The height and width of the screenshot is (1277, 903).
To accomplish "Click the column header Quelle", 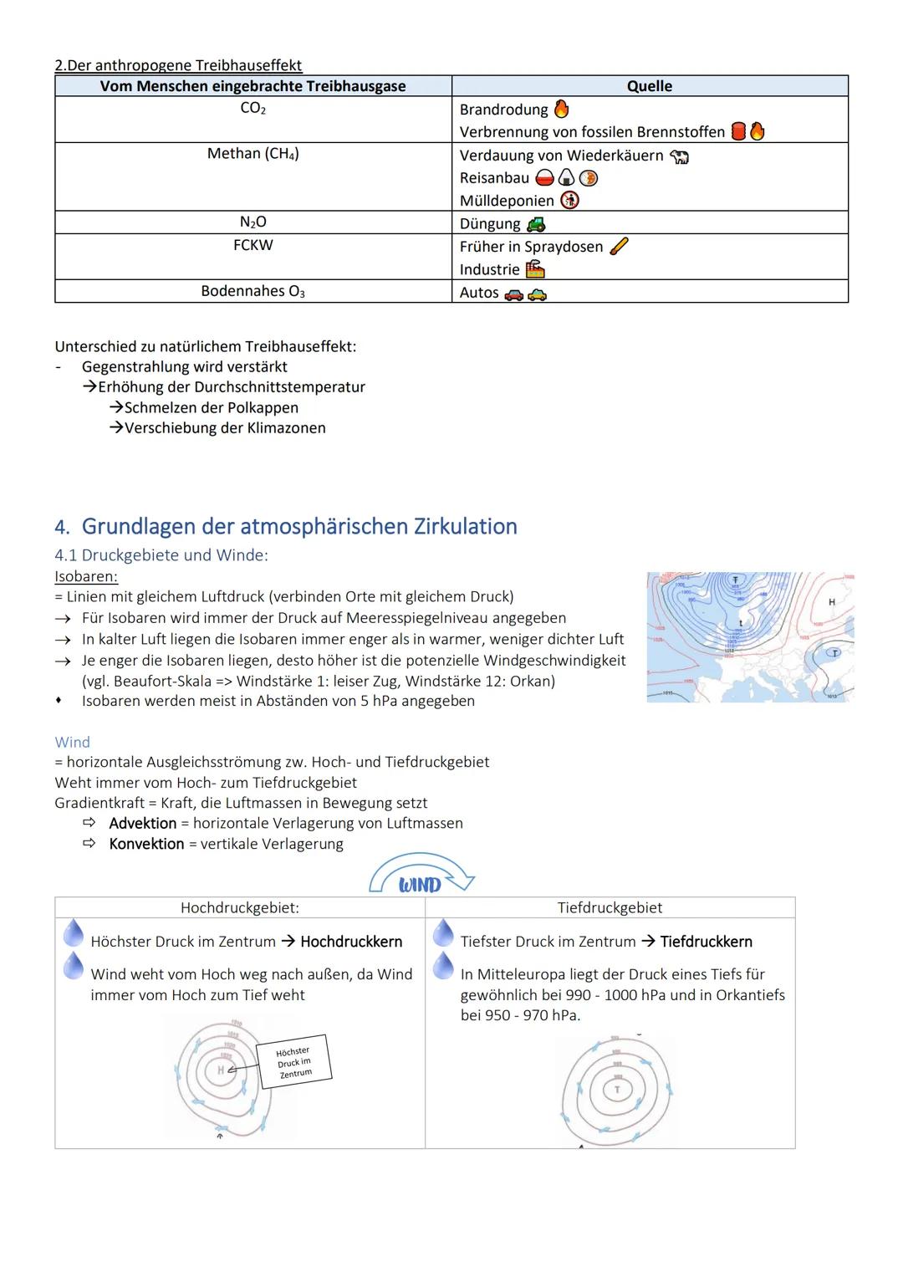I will (649, 86).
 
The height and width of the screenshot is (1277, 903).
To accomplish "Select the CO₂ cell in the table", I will (253, 109).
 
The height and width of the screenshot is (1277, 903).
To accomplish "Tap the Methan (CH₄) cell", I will (253, 154).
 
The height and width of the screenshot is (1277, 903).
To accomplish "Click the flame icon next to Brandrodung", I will (562, 110).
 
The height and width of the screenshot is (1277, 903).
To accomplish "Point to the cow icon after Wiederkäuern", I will (679, 156).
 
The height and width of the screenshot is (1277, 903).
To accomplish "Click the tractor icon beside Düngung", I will (536, 224).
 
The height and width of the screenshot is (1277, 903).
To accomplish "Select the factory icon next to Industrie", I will (535, 269).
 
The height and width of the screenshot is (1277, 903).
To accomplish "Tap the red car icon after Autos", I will (514, 294).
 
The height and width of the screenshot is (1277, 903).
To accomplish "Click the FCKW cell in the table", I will (253, 245).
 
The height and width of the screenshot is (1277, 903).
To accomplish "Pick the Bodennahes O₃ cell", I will (253, 291).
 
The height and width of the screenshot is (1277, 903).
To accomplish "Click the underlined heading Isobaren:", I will (86, 576).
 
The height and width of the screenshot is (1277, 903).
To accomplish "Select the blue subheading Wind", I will (72, 742).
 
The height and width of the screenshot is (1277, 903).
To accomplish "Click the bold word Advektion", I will (142, 823).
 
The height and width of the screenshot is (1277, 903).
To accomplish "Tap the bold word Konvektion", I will (146, 844).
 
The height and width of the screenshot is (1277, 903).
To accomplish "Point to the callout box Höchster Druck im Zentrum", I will (294, 1062).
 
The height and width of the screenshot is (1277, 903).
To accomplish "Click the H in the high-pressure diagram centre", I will (221, 1070).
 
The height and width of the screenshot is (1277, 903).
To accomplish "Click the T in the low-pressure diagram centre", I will (618, 1090).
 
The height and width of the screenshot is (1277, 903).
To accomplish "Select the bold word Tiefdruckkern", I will (706, 942).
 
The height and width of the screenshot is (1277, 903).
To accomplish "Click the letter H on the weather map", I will (831, 602).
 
